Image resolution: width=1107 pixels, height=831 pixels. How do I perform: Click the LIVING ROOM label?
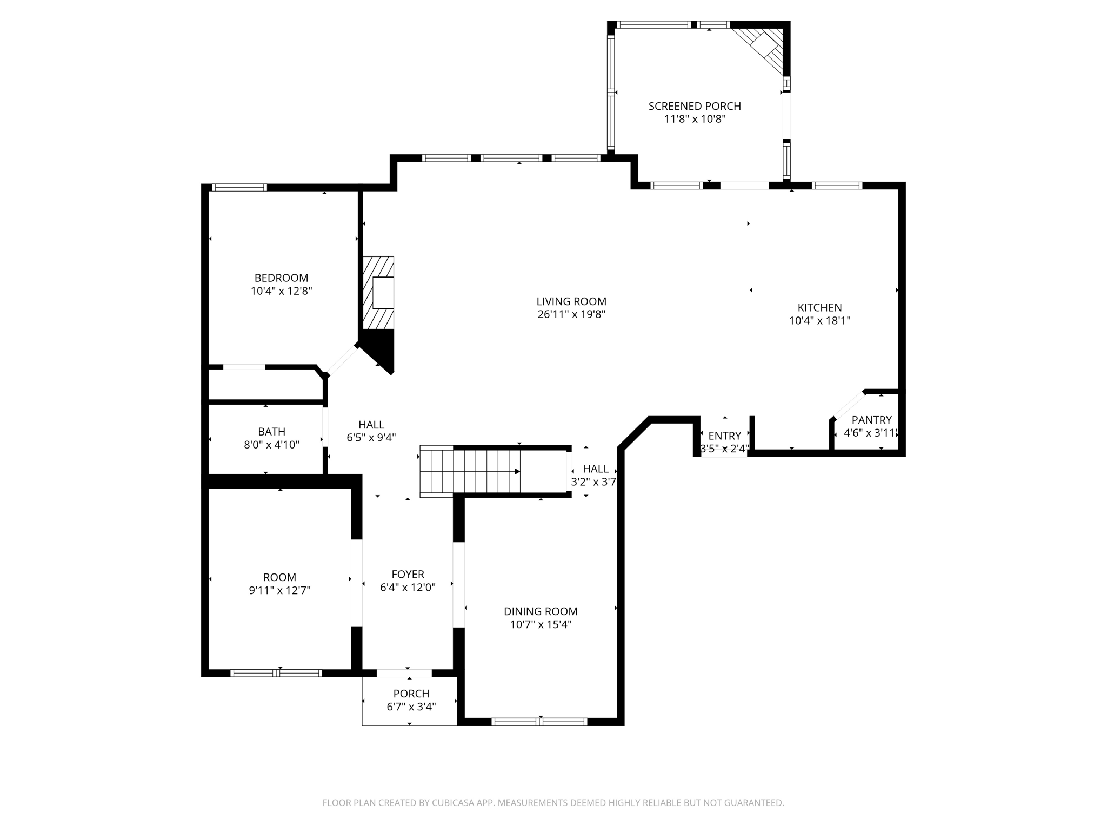tap(571, 301)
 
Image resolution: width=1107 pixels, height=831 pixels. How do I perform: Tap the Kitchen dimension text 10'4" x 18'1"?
tap(819, 320)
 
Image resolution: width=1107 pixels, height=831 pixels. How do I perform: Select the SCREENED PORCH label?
tap(695, 106)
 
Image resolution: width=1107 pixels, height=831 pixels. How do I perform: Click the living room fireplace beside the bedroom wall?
tap(378, 293)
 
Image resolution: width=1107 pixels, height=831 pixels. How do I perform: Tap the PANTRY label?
tap(871, 420)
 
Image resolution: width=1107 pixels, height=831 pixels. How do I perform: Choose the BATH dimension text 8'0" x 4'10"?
tap(271, 445)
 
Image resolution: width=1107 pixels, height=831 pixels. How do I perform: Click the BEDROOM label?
tap(281, 278)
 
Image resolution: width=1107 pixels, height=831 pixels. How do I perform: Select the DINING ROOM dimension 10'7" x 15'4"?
tap(541, 624)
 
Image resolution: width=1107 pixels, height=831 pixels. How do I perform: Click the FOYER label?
tap(408, 574)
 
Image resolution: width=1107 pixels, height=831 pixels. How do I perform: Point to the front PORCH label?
tap(411, 694)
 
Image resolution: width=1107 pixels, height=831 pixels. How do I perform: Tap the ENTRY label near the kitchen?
tap(724, 436)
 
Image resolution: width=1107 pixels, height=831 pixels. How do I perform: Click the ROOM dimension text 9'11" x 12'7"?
tap(279, 590)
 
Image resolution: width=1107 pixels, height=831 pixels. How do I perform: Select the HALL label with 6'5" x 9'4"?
tap(371, 425)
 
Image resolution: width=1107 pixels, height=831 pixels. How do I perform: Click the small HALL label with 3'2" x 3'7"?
tap(595, 469)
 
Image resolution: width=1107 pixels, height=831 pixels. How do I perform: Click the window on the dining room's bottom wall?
tap(539, 721)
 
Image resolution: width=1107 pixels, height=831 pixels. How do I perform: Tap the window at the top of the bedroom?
tap(239, 188)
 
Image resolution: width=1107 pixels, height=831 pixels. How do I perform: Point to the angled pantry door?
tap(848, 405)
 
